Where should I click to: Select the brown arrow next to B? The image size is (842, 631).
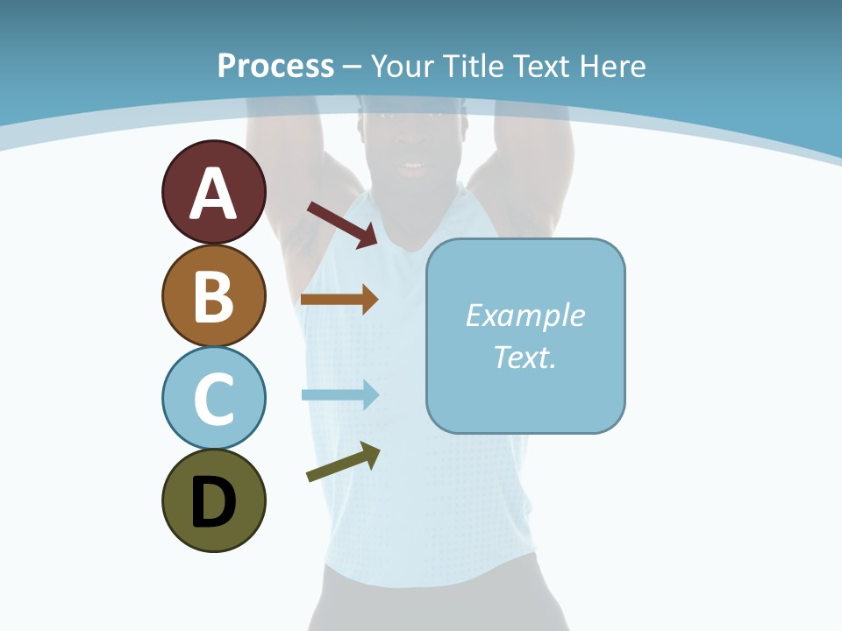[339, 299]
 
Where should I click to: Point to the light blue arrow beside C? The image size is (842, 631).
[339, 394]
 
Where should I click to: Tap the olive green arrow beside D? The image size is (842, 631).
[343, 461]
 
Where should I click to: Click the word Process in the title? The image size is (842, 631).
[275, 67]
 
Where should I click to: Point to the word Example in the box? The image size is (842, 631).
[525, 315]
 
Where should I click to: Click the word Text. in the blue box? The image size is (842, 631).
[525, 357]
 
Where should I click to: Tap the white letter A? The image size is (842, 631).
[213, 194]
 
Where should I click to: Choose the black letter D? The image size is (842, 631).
[213, 502]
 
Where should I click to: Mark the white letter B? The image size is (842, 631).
[213, 296]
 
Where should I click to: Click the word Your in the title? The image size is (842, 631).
[404, 67]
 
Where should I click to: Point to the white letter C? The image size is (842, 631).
[213, 400]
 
